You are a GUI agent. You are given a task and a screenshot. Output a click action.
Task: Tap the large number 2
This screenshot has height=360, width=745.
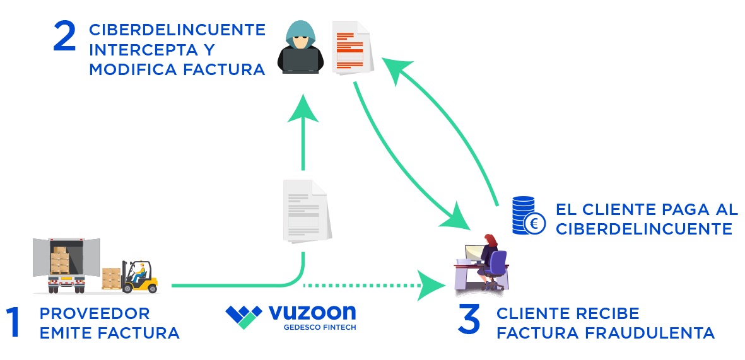pyautogui.click(x=65, y=38)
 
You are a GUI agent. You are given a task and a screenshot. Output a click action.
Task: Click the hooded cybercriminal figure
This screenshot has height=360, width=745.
pyautogui.click(x=301, y=48)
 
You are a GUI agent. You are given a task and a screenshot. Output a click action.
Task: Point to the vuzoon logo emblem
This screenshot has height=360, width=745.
pyautogui.click(x=243, y=316)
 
